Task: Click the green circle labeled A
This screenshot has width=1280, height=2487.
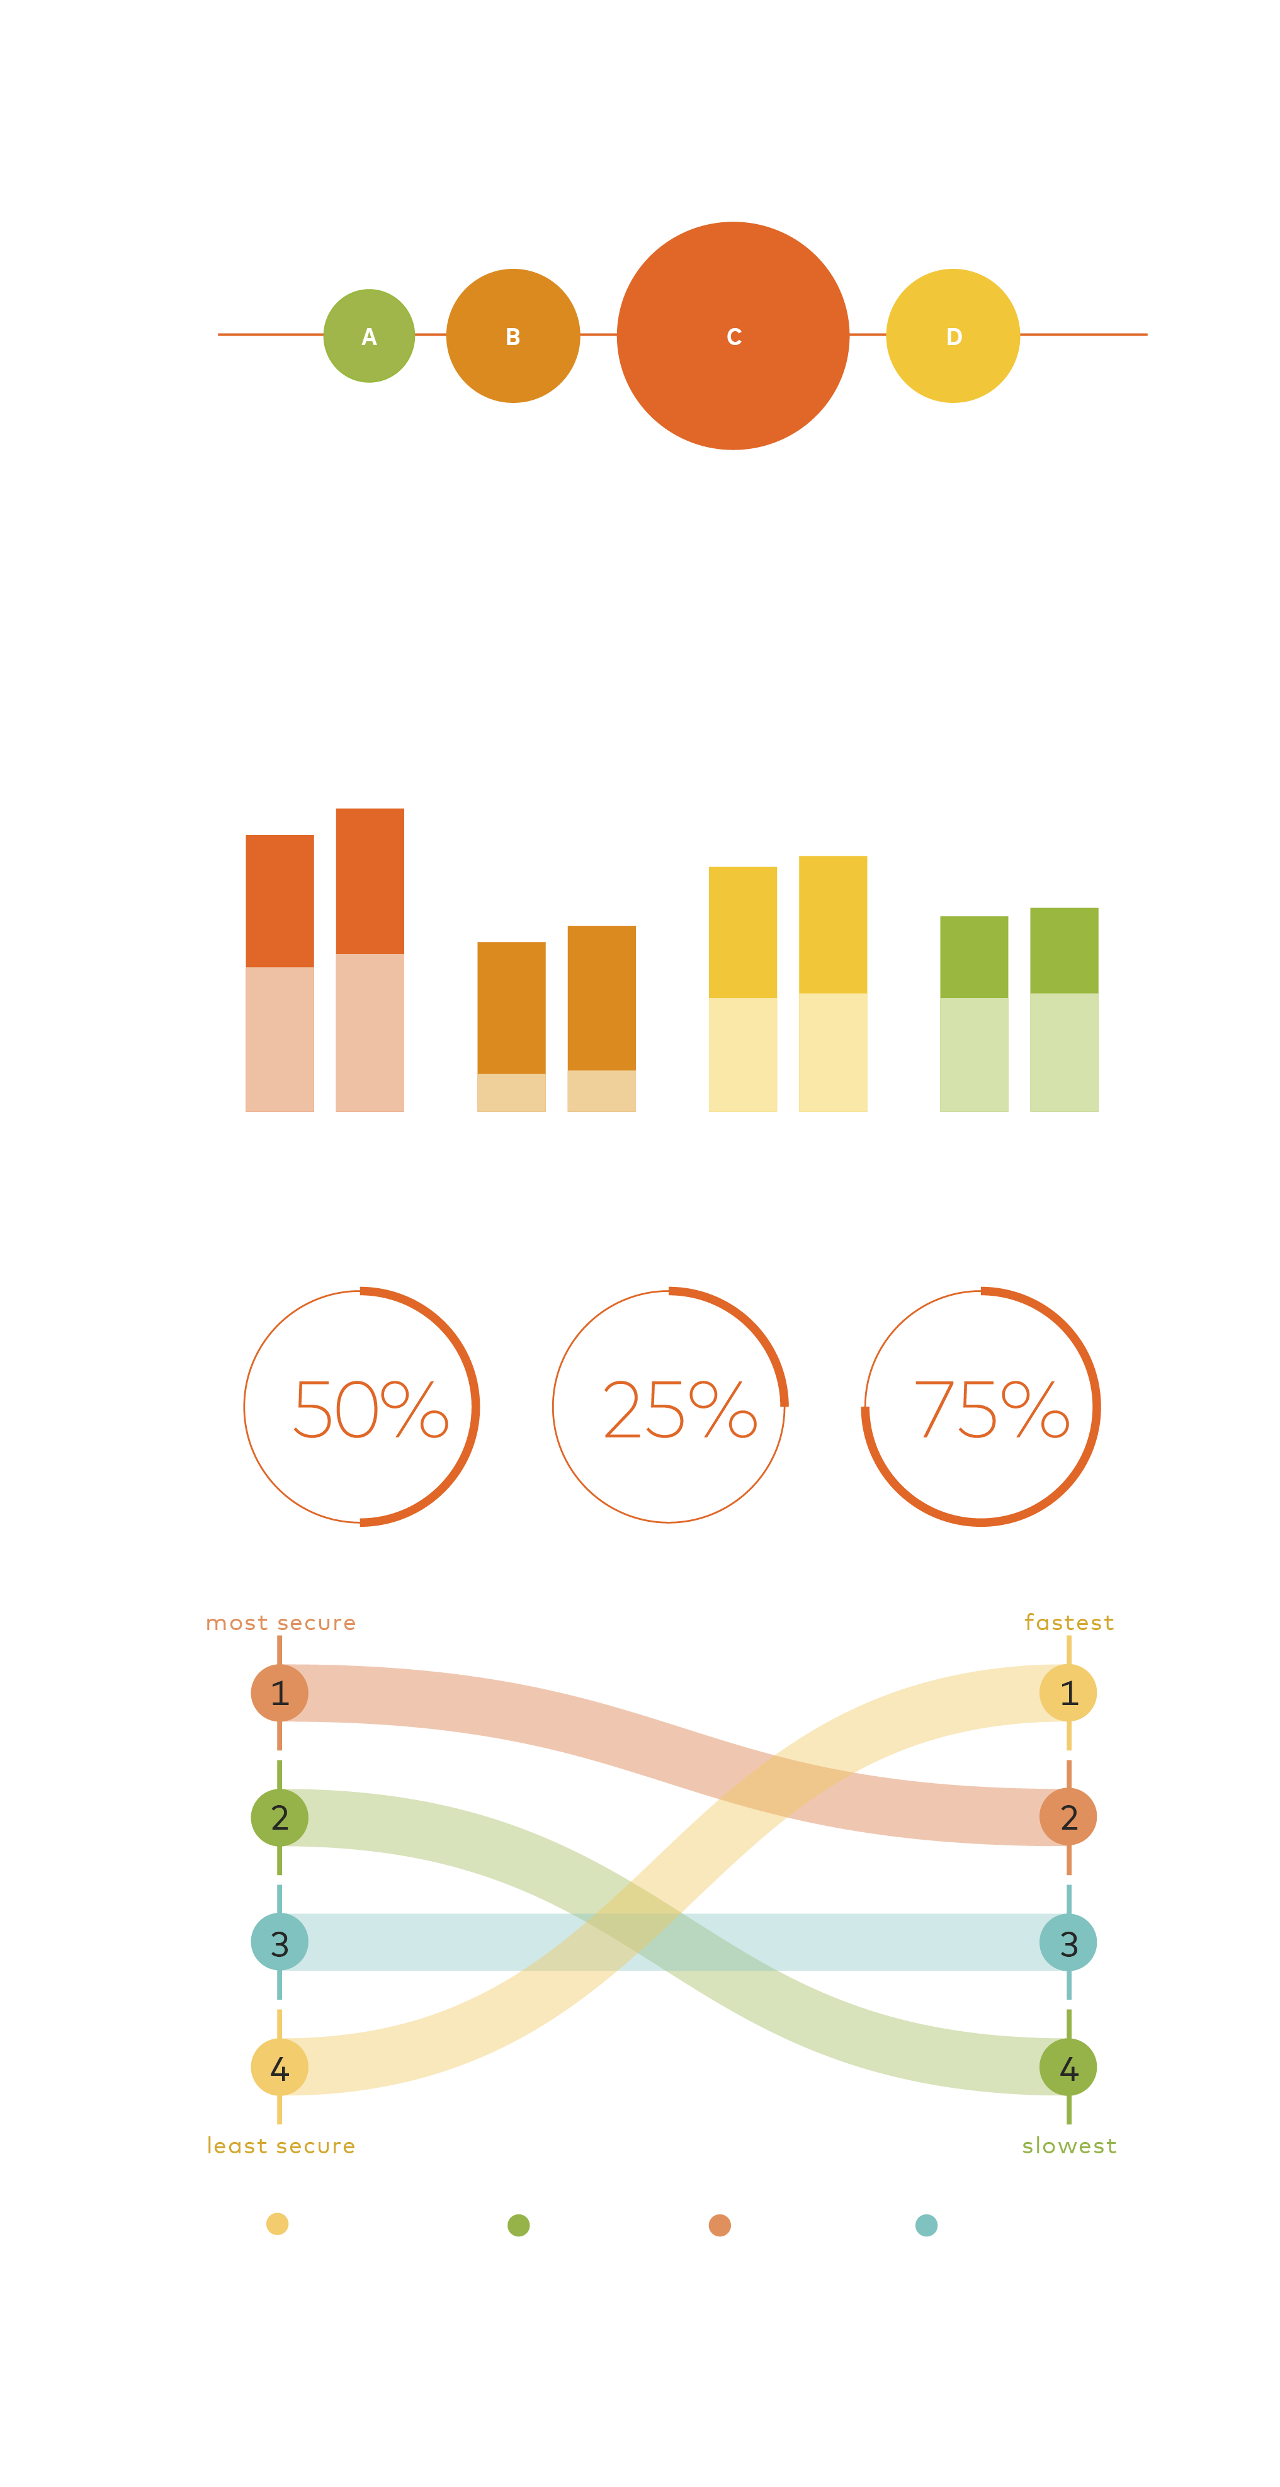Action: click(369, 336)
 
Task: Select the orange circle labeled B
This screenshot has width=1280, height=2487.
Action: click(513, 336)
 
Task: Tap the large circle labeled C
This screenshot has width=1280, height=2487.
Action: click(733, 336)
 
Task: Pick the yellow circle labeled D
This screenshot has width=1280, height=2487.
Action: click(953, 336)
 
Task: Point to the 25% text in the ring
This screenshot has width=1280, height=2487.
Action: click(679, 1410)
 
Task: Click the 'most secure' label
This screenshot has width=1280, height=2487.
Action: click(281, 1623)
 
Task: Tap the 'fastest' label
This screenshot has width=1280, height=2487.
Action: click(1068, 1623)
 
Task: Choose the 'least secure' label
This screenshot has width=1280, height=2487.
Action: click(281, 2146)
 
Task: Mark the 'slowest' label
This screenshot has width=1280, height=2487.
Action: click(1068, 2146)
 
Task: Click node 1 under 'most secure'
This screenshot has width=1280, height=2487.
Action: click(279, 1692)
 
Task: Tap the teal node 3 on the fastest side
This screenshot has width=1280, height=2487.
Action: click(1068, 1942)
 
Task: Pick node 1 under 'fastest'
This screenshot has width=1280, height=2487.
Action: click(1068, 1692)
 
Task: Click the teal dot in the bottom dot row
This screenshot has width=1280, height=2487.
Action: click(926, 2225)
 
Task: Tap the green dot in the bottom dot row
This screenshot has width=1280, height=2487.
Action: click(518, 2225)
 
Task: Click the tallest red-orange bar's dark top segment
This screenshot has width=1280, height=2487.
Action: click(370, 880)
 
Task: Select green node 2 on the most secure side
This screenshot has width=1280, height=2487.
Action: click(279, 1817)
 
